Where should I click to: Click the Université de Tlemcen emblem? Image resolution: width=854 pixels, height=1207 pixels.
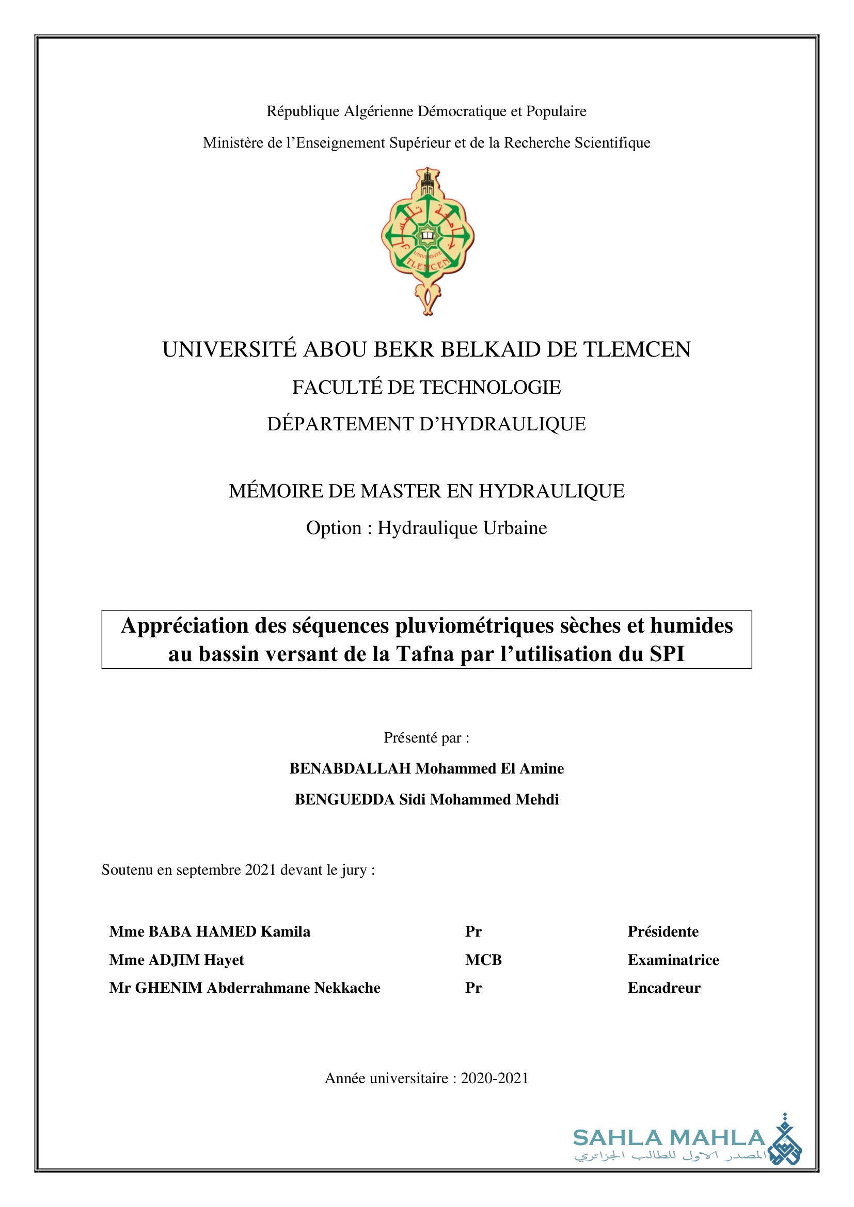pos(428,242)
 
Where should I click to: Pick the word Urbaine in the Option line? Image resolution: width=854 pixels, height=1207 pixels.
pos(515,528)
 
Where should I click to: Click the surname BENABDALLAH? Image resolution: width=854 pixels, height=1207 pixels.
pos(350,768)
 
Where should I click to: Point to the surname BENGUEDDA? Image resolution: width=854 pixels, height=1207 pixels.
pos(344,799)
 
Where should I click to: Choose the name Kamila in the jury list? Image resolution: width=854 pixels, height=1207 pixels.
pos(285,931)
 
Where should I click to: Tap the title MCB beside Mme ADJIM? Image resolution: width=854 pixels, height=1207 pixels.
pos(483,960)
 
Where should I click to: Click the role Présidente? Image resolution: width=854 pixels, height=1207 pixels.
pos(662,931)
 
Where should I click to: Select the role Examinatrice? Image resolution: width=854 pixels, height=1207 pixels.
pos(673,960)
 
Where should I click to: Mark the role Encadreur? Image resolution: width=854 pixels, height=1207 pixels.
pos(663,988)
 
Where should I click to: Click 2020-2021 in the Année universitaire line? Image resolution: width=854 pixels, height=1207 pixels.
pos(494,1078)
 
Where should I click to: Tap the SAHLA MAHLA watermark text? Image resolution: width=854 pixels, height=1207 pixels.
pos(668,1138)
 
